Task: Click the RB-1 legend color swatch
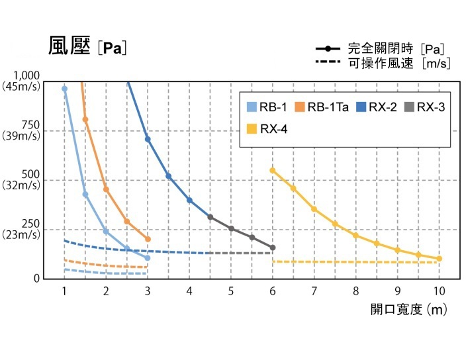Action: tap(252, 107)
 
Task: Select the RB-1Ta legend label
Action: tap(328, 107)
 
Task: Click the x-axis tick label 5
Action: tap(231, 291)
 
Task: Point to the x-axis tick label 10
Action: tap(440, 291)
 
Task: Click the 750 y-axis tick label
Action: tap(30, 125)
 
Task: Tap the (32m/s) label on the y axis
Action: tap(21, 185)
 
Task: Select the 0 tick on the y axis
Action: tap(36, 279)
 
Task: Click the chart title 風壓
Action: tap(70, 46)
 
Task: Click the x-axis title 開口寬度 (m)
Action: tap(409, 310)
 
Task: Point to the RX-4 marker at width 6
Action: tap(272, 171)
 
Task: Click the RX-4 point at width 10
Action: tap(440, 259)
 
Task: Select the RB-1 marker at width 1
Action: tap(64, 89)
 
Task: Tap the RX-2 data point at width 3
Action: tap(148, 140)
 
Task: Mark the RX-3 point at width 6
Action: tap(273, 247)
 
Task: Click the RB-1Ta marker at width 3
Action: tap(148, 239)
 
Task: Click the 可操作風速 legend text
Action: tap(381, 64)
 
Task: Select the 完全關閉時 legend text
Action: tap(381, 48)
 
